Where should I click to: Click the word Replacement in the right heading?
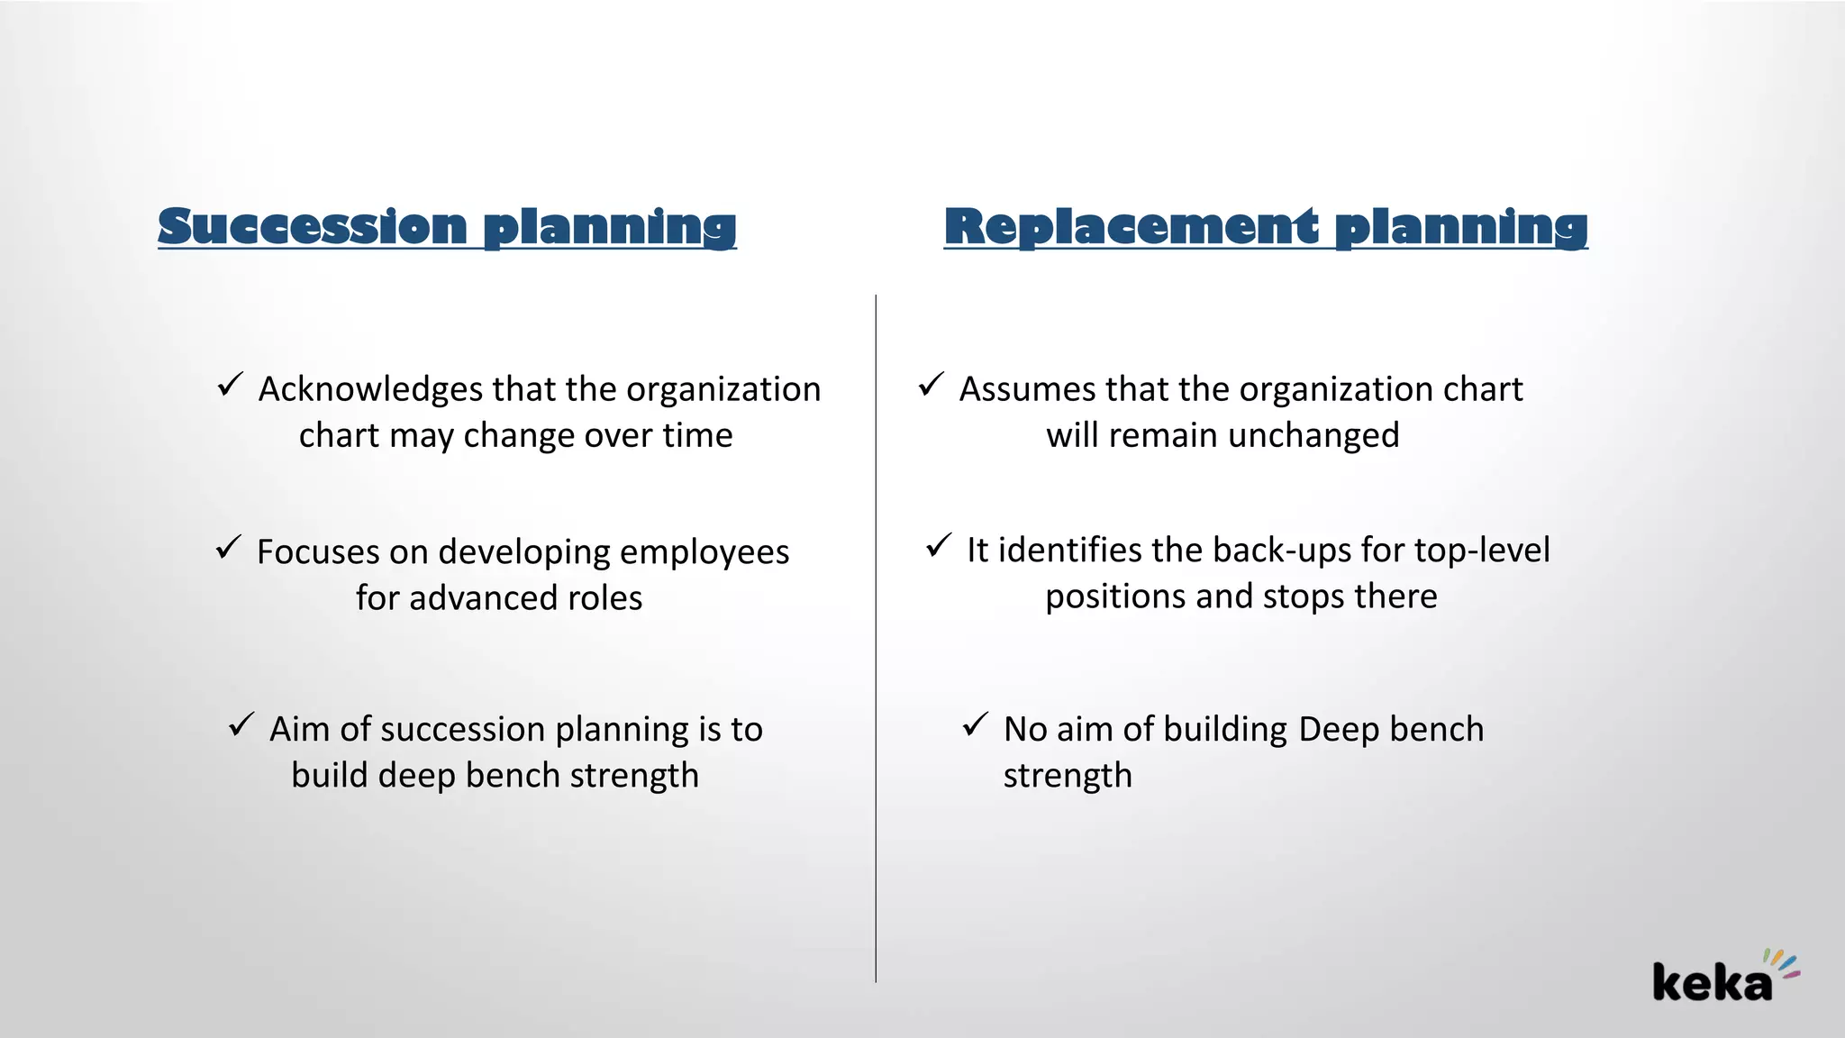click(x=1132, y=226)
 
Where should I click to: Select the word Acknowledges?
click(x=370, y=390)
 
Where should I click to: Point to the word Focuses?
click(x=317, y=551)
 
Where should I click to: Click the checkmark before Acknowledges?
click(x=231, y=385)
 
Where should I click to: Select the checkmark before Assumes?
click(x=932, y=385)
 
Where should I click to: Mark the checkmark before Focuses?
click(x=229, y=547)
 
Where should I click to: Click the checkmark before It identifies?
click(x=939, y=545)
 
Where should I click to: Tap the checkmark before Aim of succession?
click(x=241, y=724)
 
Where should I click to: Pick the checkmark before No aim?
click(x=976, y=724)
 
